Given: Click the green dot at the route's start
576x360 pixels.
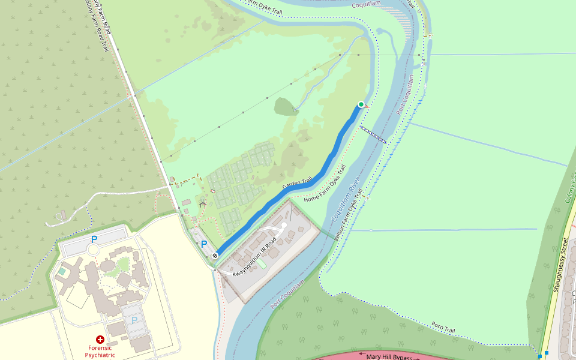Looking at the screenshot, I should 361,104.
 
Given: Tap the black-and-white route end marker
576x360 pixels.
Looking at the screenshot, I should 215,256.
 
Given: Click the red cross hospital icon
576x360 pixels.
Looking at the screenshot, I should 100,340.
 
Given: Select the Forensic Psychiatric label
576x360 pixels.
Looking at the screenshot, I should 100,351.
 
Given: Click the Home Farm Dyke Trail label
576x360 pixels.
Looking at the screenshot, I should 326,184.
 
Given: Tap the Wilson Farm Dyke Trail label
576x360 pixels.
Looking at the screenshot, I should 347,214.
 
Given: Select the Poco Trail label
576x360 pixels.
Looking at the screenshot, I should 443,328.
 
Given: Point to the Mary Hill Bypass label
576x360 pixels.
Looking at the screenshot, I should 389,356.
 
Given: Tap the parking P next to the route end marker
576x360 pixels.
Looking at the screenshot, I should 204,244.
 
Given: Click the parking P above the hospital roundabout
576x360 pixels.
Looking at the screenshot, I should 94,239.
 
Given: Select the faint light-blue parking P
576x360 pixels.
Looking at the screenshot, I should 134,320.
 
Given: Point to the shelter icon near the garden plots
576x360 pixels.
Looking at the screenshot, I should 203,205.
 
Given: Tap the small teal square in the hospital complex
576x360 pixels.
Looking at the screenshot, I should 62,271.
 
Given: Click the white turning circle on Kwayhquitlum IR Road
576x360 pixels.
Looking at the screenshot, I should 284,226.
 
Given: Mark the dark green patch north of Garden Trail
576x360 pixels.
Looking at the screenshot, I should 286,107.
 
